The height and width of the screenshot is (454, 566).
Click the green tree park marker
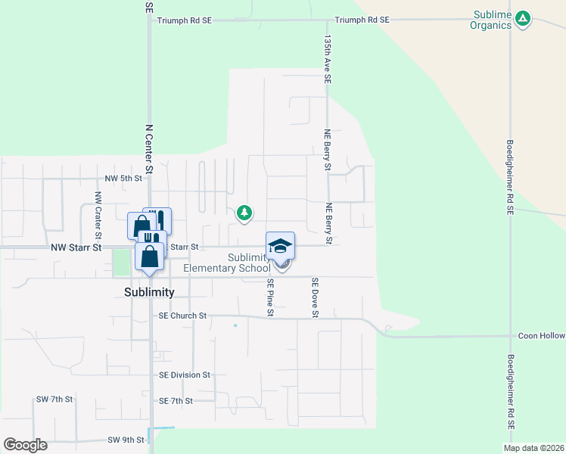coord(244,213)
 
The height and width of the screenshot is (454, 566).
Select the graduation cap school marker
coord(280,245)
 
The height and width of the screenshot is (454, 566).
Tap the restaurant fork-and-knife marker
coord(157,221)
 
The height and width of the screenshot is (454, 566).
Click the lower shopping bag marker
coord(150,256)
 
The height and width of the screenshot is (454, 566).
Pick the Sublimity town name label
coord(150,292)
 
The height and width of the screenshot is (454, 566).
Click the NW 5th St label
coord(123,179)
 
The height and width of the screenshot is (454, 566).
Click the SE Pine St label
coord(269,297)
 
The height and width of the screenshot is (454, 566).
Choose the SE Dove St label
coord(315,297)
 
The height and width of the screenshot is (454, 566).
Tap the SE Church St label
coord(182,316)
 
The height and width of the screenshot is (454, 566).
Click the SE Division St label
coord(184,375)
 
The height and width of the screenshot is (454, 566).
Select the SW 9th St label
coord(126,440)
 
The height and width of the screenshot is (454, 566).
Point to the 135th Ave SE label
coord(328,58)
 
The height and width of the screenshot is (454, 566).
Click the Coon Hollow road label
coord(542,335)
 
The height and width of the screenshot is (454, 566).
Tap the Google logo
coord(25,445)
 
